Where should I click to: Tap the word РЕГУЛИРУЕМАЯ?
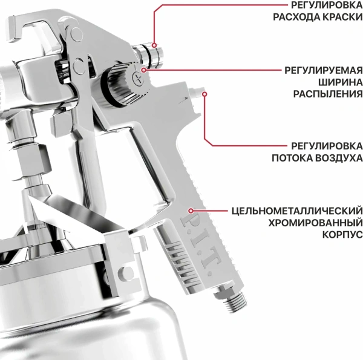[x=324, y=70]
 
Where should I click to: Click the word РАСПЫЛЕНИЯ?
[x=328, y=94]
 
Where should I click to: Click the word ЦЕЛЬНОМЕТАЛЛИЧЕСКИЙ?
[x=297, y=211]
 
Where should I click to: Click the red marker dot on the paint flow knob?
[x=155, y=45]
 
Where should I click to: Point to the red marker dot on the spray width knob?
[x=143, y=71]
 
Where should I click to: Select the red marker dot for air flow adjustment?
[x=204, y=94]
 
